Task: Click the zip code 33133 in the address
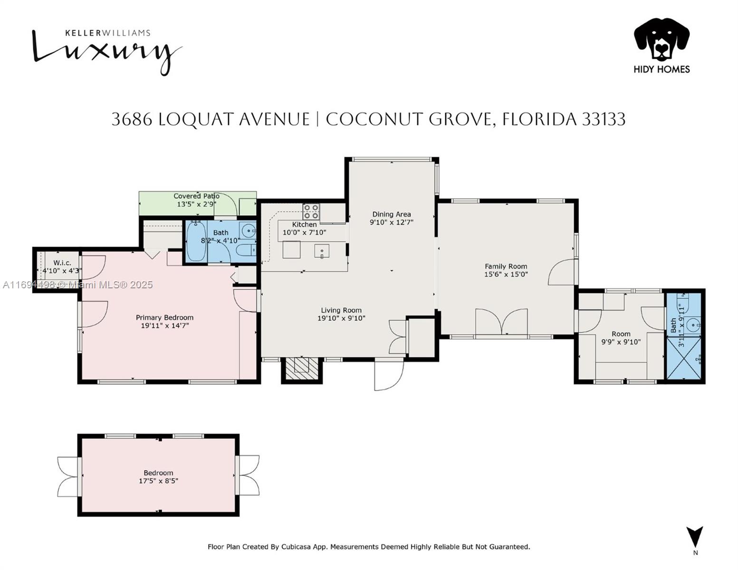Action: click(x=604, y=119)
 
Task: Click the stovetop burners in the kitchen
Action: click(x=311, y=211)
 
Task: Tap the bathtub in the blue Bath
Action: click(x=196, y=241)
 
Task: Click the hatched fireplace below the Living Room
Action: click(x=302, y=368)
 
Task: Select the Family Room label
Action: click(x=506, y=266)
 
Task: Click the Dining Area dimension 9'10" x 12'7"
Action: click(x=391, y=222)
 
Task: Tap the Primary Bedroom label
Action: click(x=164, y=317)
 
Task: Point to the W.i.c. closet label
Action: click(x=62, y=263)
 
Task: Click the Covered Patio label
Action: click(x=196, y=196)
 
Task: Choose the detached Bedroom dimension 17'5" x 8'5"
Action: click(x=158, y=481)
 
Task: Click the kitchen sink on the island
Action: click(x=321, y=252)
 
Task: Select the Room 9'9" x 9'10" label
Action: click(x=621, y=338)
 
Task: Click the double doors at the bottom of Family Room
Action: click(x=501, y=322)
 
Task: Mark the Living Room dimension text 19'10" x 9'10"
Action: click(x=341, y=318)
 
